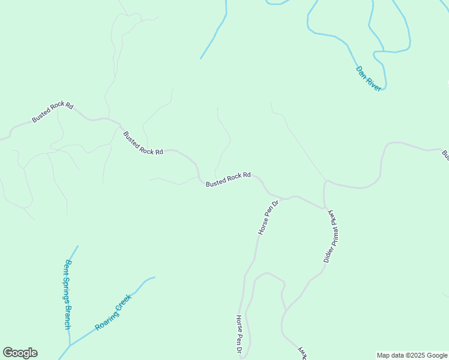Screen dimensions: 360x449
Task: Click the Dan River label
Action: pyautogui.click(x=369, y=79)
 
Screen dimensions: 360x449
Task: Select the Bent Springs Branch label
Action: pyautogui.click(x=68, y=293)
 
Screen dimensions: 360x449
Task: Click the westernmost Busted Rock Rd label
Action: pyautogui.click(x=53, y=112)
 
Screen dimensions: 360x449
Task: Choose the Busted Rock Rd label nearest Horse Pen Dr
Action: pyautogui.click(x=228, y=179)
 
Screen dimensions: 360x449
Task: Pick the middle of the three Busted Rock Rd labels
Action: pyautogui.click(x=143, y=143)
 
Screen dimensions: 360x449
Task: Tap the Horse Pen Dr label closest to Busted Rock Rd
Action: pyautogui.click(x=268, y=218)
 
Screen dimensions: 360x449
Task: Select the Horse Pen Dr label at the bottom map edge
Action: pyautogui.click(x=239, y=334)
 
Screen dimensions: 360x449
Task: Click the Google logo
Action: pyautogui.click(x=20, y=353)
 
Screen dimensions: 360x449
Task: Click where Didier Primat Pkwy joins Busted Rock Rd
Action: pyautogui.click(x=325, y=208)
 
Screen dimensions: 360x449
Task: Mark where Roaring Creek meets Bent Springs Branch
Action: pyautogui.click(x=70, y=346)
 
